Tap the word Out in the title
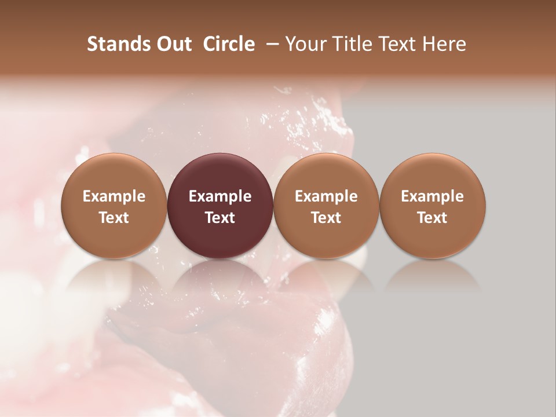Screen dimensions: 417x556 click(x=172, y=44)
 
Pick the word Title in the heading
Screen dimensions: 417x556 click(x=350, y=44)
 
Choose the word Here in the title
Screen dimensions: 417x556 click(x=444, y=44)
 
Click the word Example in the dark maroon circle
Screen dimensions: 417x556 click(x=220, y=196)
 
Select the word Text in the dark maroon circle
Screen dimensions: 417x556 click(x=220, y=218)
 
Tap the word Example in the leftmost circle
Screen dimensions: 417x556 click(x=114, y=196)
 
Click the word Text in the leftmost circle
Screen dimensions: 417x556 click(x=114, y=218)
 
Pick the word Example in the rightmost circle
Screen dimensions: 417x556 click(x=433, y=196)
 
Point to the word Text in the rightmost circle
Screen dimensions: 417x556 click(x=433, y=218)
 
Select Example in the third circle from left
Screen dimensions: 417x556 click(x=326, y=196)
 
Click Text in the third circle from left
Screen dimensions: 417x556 click(x=326, y=218)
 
